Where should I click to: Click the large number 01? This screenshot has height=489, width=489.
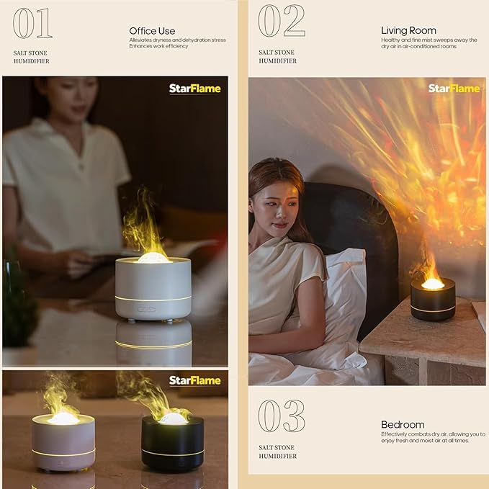click(x=32, y=23)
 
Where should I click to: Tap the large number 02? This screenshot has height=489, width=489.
click(x=281, y=22)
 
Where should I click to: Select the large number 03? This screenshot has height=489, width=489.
click(x=281, y=416)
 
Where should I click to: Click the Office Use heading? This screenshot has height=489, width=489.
click(x=152, y=31)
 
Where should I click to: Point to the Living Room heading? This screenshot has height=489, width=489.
click(x=408, y=30)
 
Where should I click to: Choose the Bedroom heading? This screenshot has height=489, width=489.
click(x=403, y=425)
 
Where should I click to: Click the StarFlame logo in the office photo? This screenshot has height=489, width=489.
click(x=194, y=89)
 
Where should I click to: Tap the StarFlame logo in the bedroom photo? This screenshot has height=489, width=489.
click(x=454, y=88)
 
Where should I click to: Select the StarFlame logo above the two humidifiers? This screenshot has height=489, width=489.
click(x=194, y=380)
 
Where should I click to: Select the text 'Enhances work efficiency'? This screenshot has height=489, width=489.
click(x=158, y=46)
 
